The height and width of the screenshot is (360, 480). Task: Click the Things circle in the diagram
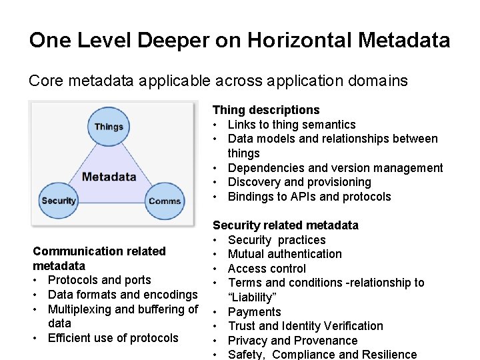pyautogui.click(x=109, y=127)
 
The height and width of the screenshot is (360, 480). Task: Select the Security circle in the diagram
pyautogui.click(x=59, y=200)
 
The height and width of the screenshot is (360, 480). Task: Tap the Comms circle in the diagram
pyautogui.click(x=165, y=201)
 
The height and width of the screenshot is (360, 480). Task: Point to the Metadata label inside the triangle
pyautogui.click(x=109, y=177)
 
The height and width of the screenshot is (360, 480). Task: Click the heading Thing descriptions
pyautogui.click(x=266, y=110)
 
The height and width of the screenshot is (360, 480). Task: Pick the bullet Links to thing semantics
pyautogui.click(x=291, y=125)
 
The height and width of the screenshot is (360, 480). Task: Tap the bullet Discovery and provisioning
pyautogui.click(x=299, y=182)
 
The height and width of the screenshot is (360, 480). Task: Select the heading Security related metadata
pyautogui.click(x=285, y=225)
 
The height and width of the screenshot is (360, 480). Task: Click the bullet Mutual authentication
pyautogui.click(x=285, y=254)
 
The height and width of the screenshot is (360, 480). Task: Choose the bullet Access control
pyautogui.click(x=267, y=269)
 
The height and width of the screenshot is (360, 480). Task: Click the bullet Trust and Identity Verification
pyautogui.click(x=305, y=326)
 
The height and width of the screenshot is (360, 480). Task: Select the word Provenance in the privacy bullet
pyautogui.click(x=326, y=341)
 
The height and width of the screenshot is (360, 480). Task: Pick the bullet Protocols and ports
pyautogui.click(x=99, y=280)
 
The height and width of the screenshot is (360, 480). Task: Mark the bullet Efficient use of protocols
pyautogui.click(x=113, y=338)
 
